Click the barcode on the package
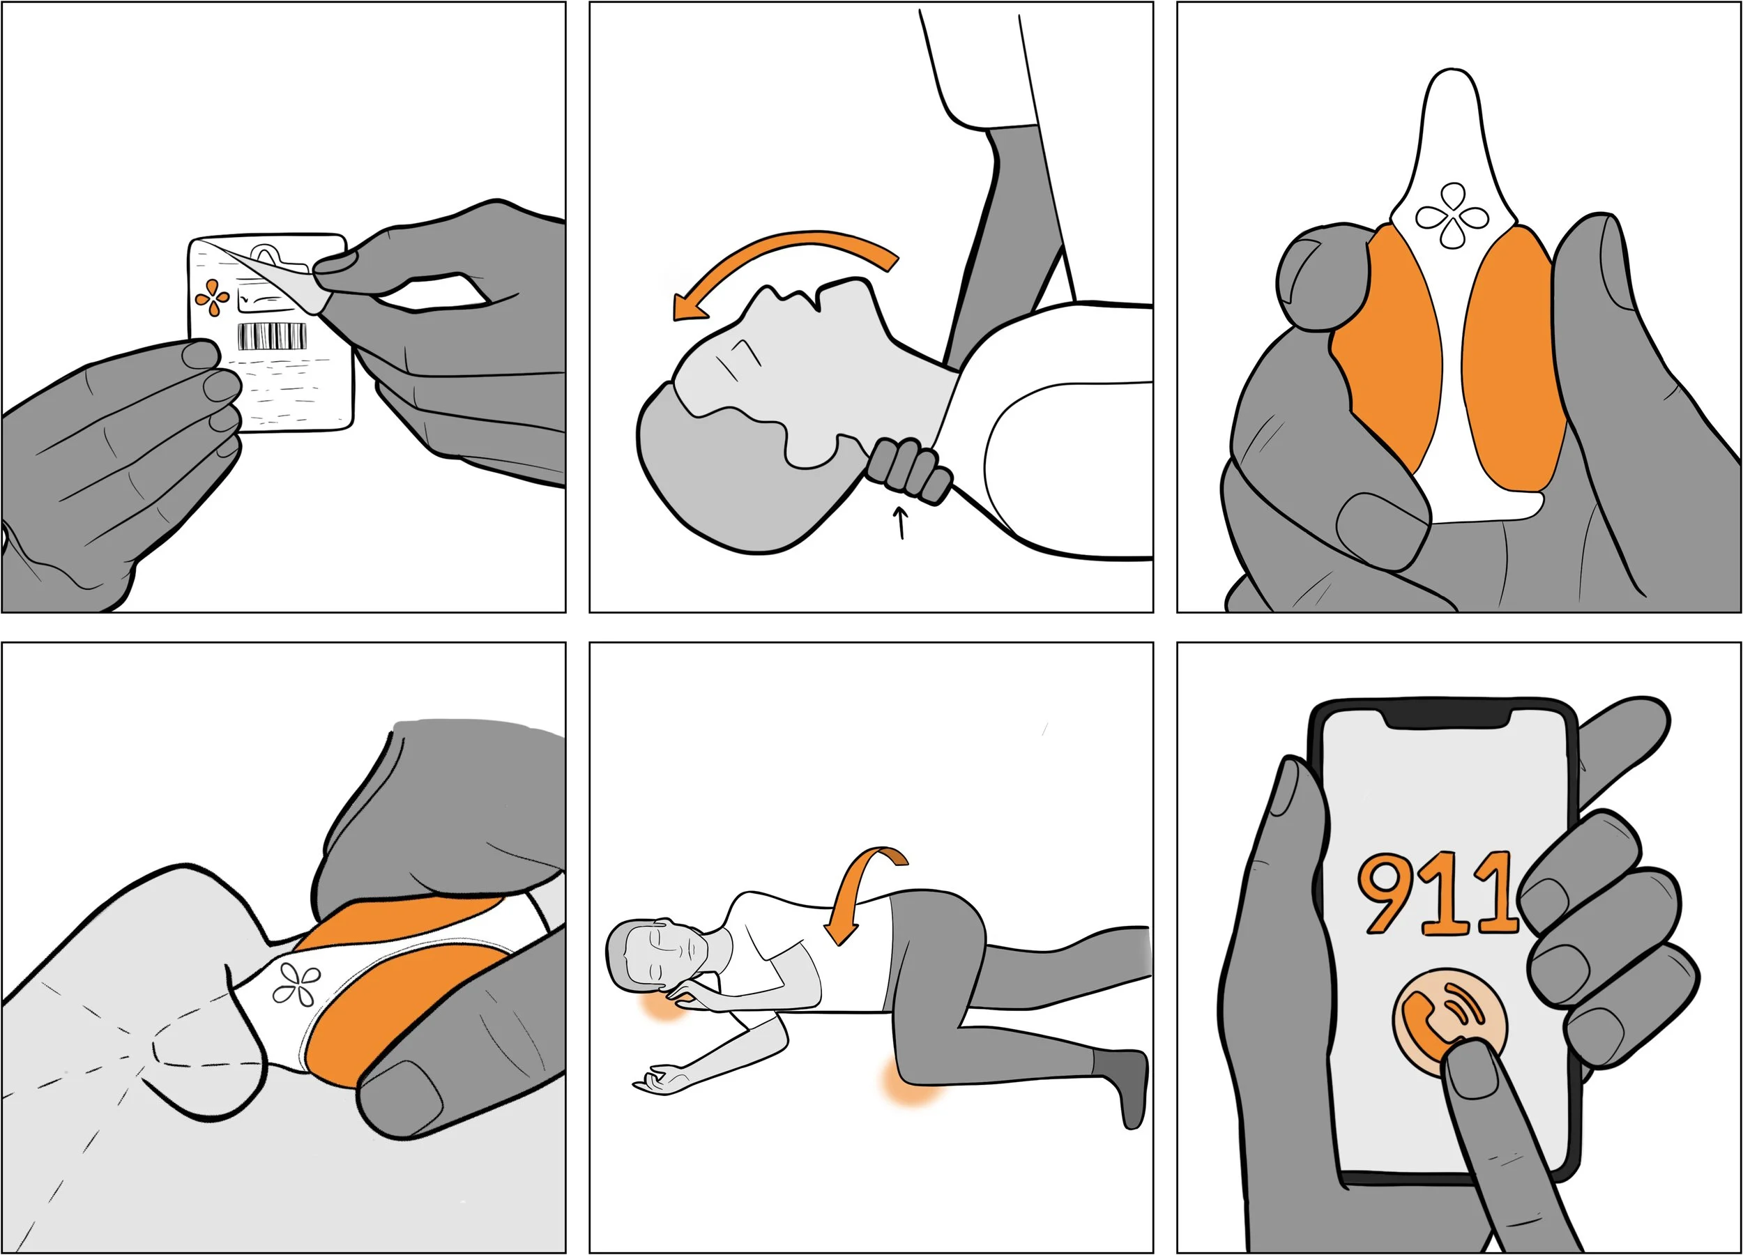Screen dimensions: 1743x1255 tap(272, 337)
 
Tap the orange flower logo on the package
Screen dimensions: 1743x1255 tap(211, 298)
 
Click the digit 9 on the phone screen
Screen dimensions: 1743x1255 tap(1390, 891)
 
